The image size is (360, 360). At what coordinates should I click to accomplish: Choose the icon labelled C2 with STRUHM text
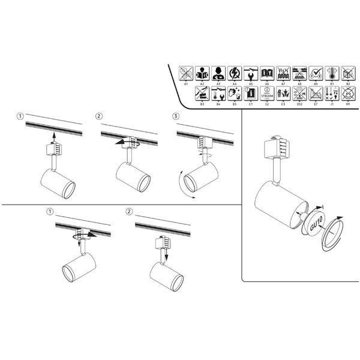point(267,93)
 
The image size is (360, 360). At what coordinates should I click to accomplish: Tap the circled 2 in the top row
point(100,116)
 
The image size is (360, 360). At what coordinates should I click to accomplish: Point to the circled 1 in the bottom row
point(50,212)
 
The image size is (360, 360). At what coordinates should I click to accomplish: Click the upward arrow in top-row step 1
point(53,138)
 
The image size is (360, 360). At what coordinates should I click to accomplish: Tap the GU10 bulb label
point(316,227)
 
